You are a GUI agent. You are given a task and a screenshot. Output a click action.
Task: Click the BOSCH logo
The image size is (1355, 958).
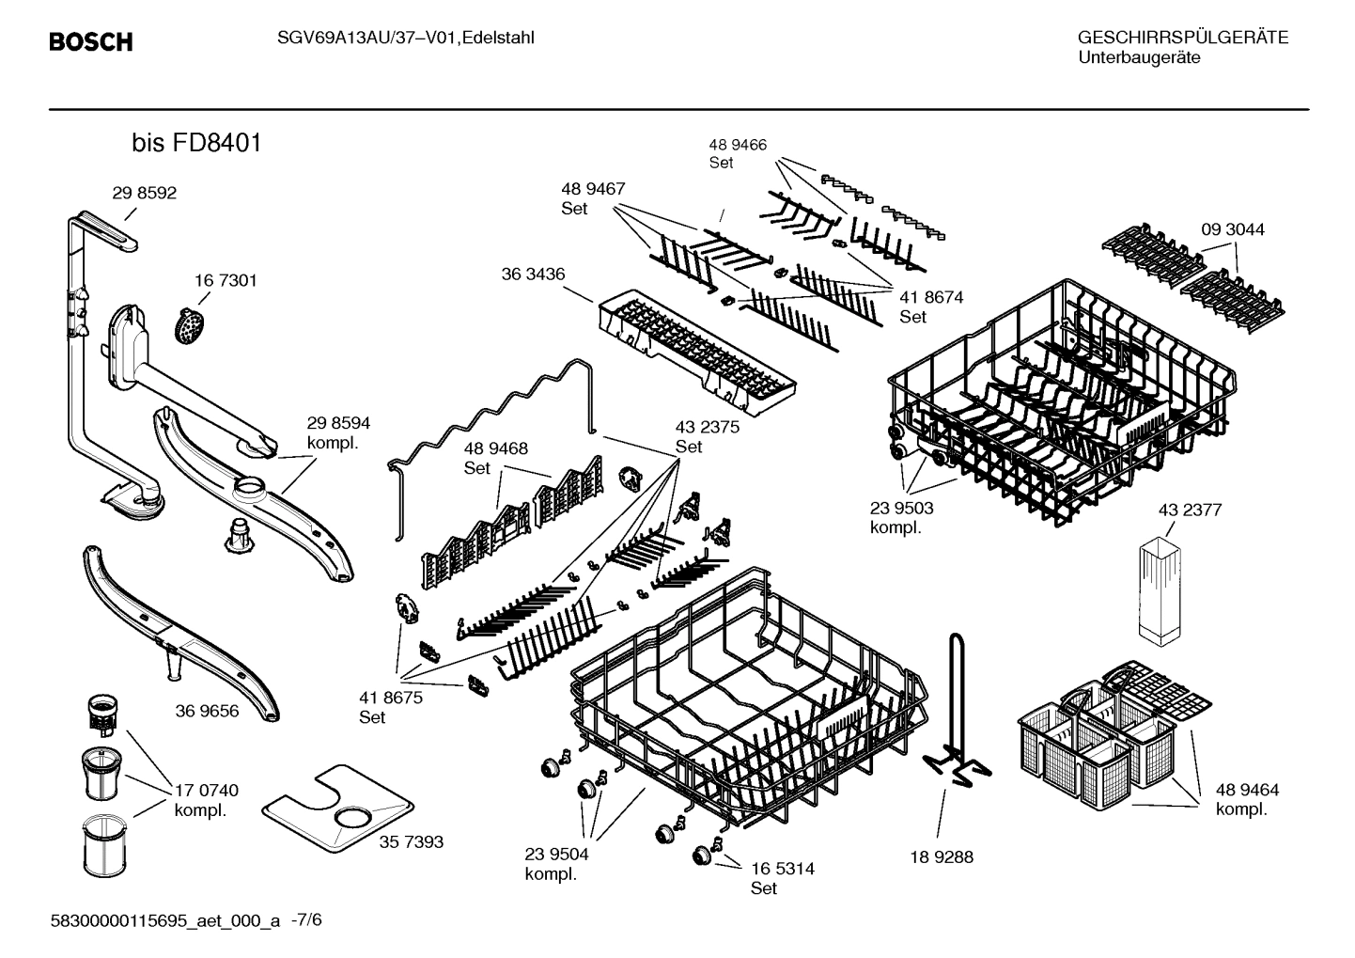coord(90,42)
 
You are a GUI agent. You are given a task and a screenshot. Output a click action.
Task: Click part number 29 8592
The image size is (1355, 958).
coord(144,193)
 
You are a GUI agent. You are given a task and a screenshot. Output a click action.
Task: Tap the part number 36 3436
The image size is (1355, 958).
coord(533,274)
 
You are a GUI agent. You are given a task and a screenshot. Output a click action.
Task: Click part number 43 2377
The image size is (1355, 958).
coord(1190,510)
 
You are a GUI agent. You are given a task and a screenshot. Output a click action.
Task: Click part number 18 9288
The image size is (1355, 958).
coord(942,856)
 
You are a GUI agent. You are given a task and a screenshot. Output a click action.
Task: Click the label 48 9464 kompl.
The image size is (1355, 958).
coord(1247,799)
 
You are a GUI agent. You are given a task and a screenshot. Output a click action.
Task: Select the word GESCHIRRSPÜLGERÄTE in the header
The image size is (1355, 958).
coord(1182,38)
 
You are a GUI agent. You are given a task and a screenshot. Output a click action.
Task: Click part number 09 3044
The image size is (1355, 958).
coord(1232,229)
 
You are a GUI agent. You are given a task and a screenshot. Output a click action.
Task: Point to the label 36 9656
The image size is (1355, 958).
coord(207,711)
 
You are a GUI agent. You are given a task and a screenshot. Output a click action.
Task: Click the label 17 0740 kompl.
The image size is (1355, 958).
coord(206,799)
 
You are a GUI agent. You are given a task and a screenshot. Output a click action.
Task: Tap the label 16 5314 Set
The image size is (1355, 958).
coord(782,877)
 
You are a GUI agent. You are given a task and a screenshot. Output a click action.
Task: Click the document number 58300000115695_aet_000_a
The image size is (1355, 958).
coord(164,920)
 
